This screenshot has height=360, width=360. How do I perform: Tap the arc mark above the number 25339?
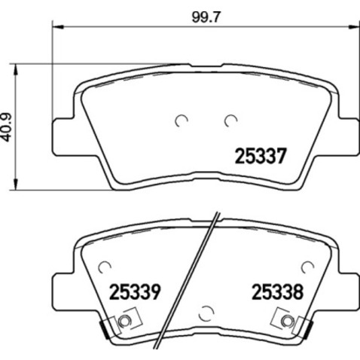point(105,264)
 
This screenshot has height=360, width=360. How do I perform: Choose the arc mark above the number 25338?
point(305,264)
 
